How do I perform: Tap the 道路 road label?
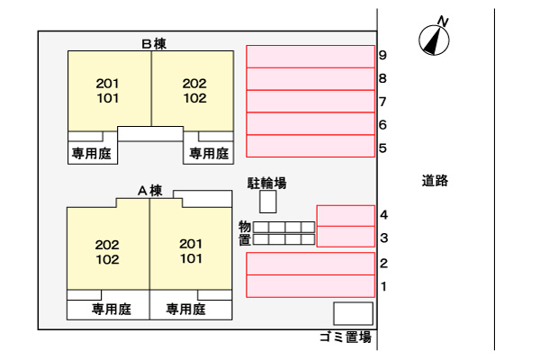[435, 180]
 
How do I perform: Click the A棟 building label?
[149, 190]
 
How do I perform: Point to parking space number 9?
[310, 56]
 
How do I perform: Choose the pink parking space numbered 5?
[310, 145]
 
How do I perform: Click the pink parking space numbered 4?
[346, 215]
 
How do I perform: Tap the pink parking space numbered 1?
[310, 286]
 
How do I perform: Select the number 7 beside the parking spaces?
[383, 101]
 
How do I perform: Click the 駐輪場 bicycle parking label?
[267, 183]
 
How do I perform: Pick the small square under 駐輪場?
[268, 202]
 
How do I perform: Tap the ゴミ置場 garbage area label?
[345, 338]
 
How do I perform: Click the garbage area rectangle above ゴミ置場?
[353, 313]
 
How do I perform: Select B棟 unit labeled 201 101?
[108, 90]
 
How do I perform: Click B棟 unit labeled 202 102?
[194, 90]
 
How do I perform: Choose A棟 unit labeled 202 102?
[107, 252]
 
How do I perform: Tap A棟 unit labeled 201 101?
[191, 251]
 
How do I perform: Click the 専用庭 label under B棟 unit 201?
[91, 154]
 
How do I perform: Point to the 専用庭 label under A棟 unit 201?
[186, 310]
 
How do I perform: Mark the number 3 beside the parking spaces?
[383, 238]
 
